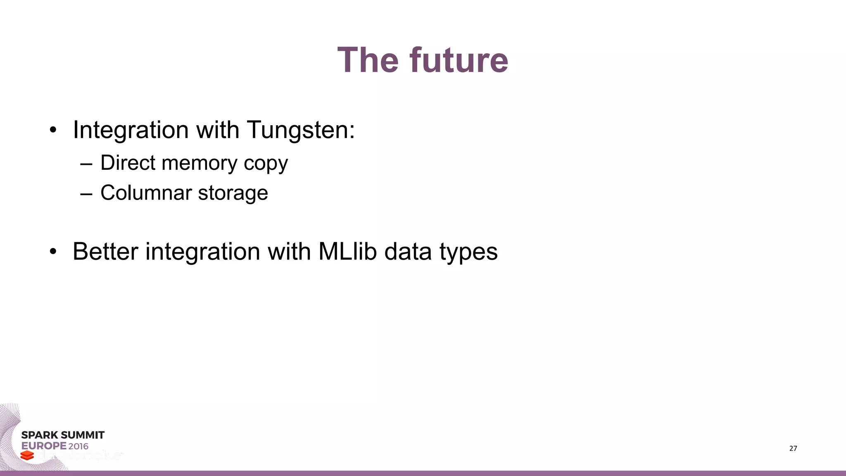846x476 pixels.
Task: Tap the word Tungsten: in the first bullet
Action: (x=301, y=130)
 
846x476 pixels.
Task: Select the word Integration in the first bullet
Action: (x=131, y=130)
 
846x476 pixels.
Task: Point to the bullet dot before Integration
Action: (x=52, y=131)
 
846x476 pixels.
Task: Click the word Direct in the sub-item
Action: (x=128, y=162)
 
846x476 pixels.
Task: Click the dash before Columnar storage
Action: (x=86, y=193)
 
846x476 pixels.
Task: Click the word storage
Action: (x=233, y=193)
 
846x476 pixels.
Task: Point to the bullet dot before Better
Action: (x=52, y=252)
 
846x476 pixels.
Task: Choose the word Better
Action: (x=105, y=251)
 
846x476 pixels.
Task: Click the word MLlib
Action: (x=347, y=251)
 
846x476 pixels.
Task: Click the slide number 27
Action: (x=793, y=448)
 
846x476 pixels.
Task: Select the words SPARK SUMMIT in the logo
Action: (x=63, y=435)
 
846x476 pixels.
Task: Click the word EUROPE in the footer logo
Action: (x=44, y=446)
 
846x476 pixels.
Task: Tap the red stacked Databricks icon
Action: (x=27, y=455)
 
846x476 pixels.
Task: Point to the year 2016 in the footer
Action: (x=78, y=446)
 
